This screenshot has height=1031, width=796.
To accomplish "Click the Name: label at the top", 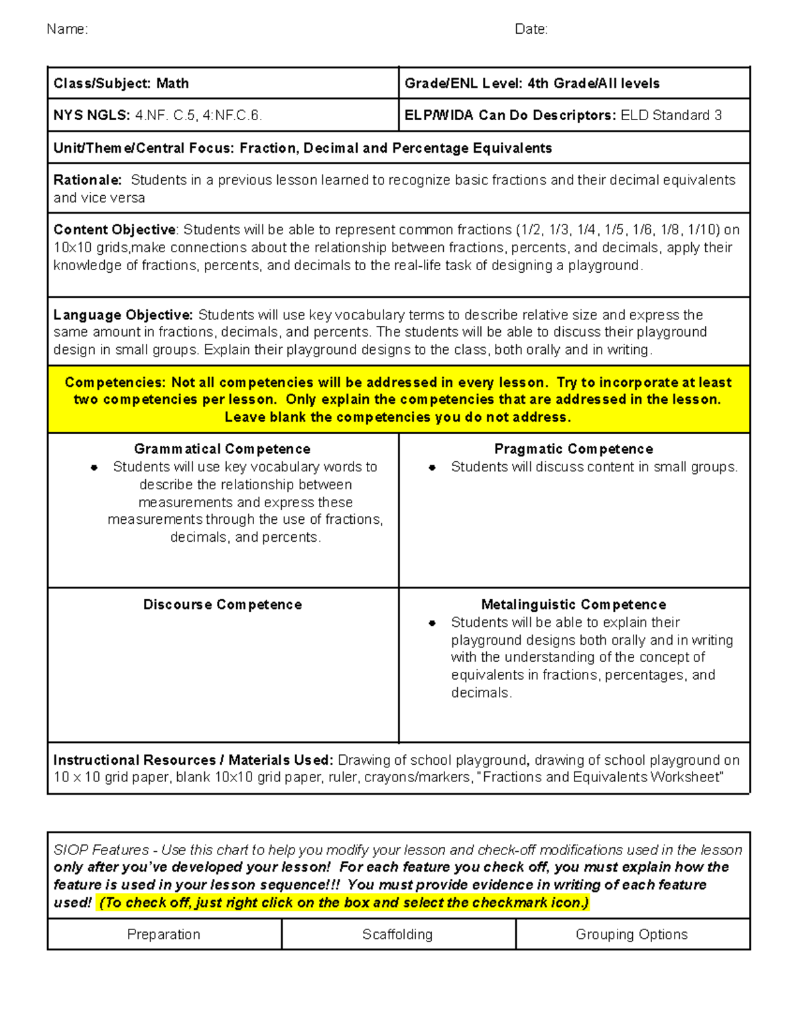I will click(x=67, y=29).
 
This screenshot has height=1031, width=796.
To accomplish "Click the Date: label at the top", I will click(x=531, y=29).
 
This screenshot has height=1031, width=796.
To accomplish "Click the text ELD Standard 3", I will click(x=671, y=116).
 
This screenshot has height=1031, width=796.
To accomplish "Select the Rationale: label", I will click(x=87, y=181).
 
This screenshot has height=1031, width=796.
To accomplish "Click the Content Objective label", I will click(x=114, y=230).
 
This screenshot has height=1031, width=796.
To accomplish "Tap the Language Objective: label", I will click(x=123, y=315).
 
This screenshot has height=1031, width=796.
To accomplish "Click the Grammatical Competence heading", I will click(x=222, y=449).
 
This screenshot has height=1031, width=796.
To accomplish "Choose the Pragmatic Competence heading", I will click(x=573, y=449).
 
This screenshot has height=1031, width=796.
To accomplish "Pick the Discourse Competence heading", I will click(x=222, y=605).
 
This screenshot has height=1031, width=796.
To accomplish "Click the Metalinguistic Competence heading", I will click(x=573, y=605).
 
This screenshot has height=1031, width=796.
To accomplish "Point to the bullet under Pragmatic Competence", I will click(x=432, y=467).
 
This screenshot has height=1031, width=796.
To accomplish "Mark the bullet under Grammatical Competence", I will click(x=94, y=467).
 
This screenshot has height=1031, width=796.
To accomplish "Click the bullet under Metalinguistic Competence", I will click(x=432, y=623).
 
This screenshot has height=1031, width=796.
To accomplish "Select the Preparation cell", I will click(x=164, y=935).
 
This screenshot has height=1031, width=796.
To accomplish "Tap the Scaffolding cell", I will click(x=397, y=935).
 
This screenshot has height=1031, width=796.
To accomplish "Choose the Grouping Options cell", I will click(x=631, y=935).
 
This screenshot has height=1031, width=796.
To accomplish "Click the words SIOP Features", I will click(x=101, y=850).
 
